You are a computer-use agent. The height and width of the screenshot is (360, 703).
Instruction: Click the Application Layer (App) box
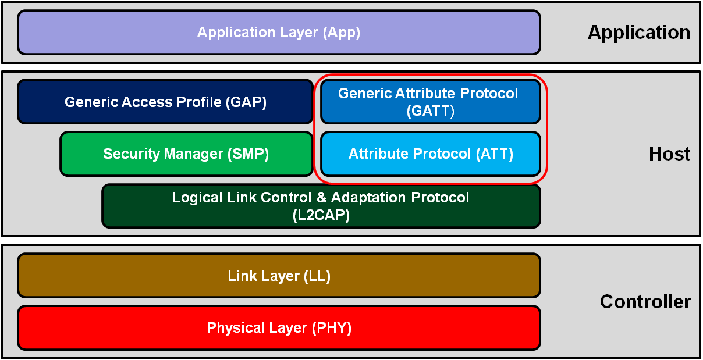(x=279, y=33)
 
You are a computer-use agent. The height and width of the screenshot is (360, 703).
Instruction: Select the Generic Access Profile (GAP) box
(x=165, y=102)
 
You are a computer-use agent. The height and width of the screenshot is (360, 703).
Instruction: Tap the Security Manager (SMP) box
(x=186, y=154)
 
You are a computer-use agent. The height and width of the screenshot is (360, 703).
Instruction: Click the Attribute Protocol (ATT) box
(x=430, y=154)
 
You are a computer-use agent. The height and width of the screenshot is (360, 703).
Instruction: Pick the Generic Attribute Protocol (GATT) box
(x=430, y=102)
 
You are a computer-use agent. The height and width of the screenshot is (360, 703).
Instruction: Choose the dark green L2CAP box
(x=321, y=206)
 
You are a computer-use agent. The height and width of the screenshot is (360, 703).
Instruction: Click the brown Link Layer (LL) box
(x=279, y=276)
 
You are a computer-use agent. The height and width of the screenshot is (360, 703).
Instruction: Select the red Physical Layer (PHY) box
(x=279, y=327)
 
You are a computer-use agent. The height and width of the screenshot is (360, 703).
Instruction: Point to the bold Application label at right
(x=638, y=33)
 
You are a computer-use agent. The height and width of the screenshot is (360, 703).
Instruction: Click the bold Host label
(x=669, y=154)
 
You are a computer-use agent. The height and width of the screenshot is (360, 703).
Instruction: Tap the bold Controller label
(x=645, y=302)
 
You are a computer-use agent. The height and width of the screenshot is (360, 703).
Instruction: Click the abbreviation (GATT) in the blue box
(x=430, y=111)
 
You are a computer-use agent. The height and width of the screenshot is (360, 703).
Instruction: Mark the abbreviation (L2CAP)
(x=321, y=215)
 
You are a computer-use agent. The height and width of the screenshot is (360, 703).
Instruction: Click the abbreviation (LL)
(x=317, y=276)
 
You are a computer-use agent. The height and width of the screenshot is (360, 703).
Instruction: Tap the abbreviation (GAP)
(x=246, y=102)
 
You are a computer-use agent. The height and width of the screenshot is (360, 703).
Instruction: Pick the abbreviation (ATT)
(x=494, y=154)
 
